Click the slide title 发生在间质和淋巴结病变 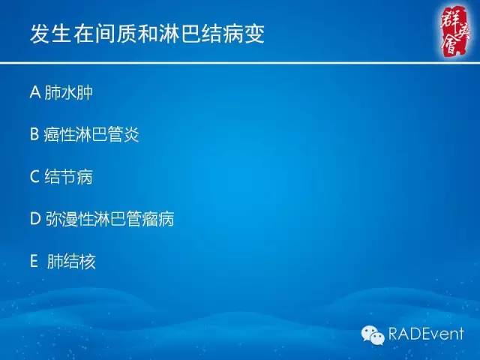[x=147, y=34]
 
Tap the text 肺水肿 [x=69, y=93]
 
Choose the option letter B [x=34, y=135]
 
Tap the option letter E [x=34, y=262]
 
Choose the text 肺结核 [x=71, y=262]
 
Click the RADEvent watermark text [x=426, y=334]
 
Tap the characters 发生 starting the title [x=49, y=34]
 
